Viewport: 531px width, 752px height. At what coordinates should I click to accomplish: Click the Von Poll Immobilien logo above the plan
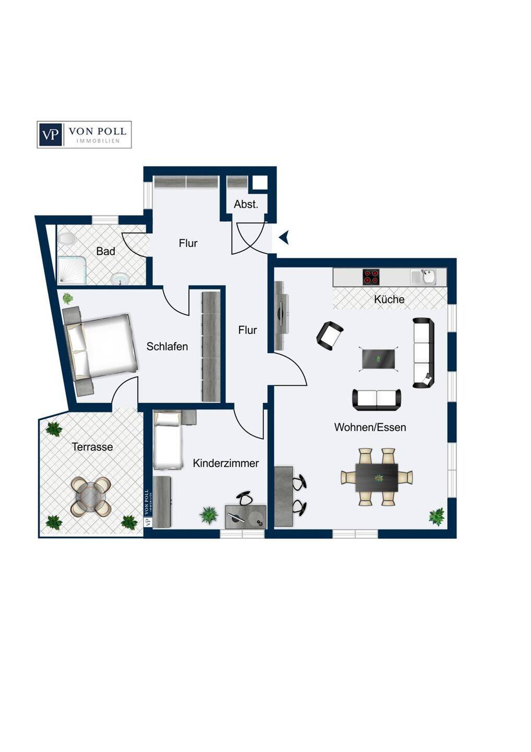coord(84,135)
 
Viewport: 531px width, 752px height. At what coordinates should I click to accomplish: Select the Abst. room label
coord(246,204)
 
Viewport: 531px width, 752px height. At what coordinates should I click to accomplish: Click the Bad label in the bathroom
coord(105,251)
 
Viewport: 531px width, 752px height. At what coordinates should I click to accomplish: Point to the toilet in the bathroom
coord(66,239)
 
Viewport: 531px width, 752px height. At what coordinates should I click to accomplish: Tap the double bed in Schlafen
coord(101,346)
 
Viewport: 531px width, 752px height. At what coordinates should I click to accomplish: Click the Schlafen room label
coord(167,346)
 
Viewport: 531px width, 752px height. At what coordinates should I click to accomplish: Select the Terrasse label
coord(92,447)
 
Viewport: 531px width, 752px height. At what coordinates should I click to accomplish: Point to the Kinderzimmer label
coord(226,463)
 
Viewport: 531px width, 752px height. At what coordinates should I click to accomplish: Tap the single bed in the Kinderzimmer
coord(167,440)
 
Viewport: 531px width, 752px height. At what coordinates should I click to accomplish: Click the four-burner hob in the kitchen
coord(371,277)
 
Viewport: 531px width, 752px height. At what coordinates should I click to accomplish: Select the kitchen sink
coord(424,277)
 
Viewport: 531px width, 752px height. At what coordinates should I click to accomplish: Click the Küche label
coord(389,299)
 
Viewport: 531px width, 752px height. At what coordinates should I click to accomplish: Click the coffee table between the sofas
coord(379,359)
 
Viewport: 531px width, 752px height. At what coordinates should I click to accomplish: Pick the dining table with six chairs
coord(377,477)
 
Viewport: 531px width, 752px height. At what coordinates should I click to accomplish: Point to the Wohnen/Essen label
coord(370,427)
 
